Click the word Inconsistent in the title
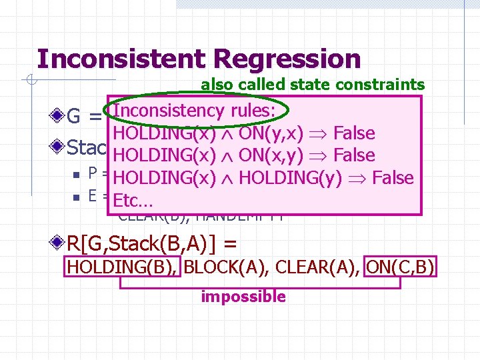coord(123,59)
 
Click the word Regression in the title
coord(287,59)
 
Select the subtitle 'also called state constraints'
coord(313,85)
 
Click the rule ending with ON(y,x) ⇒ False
coord(244,133)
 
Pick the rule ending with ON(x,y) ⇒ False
coord(244,155)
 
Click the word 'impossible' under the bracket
coord(243,297)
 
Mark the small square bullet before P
coord(77,175)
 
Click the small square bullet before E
coord(77,197)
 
